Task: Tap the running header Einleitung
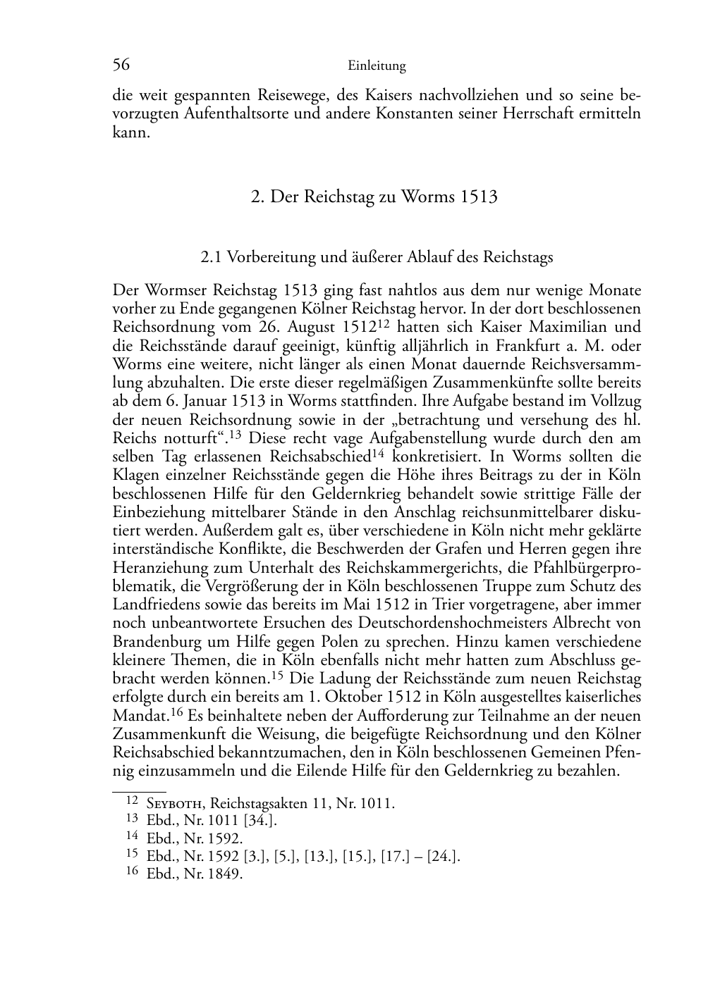coord(377,66)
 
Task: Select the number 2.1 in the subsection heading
coord(212,257)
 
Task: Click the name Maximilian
coord(562,327)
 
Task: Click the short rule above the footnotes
coord(139,792)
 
